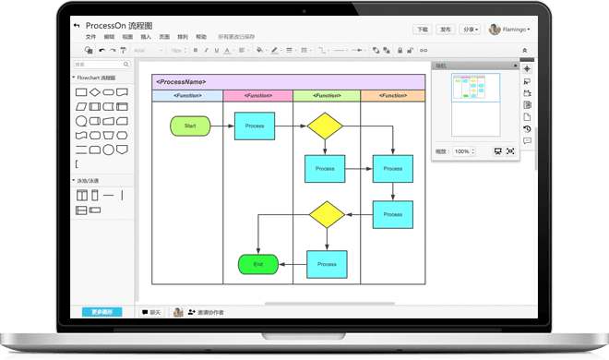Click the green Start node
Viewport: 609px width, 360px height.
tap(190, 126)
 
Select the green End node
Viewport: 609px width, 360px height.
tap(258, 264)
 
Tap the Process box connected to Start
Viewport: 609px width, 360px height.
tap(255, 126)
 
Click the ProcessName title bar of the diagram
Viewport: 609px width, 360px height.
tap(288, 82)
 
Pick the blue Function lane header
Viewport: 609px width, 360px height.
tap(187, 96)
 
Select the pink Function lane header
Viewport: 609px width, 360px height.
tap(257, 96)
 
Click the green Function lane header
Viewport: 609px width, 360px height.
tap(327, 96)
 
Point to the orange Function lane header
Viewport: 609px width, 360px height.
tap(393, 96)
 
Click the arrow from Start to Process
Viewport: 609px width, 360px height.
tap(222, 126)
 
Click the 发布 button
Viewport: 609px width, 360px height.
tap(447, 30)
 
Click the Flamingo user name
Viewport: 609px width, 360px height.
tap(515, 30)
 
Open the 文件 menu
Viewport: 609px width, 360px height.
tap(90, 37)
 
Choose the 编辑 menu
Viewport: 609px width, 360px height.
tap(109, 37)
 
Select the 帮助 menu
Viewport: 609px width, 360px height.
tap(201, 37)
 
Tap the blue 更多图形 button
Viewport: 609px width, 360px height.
tap(101, 312)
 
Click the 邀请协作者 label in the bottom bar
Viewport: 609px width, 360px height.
tap(210, 312)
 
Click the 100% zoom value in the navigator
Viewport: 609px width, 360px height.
tap(462, 150)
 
